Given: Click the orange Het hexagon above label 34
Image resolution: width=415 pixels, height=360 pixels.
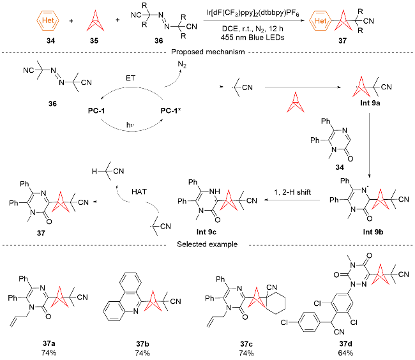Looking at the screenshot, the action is [x=48, y=20].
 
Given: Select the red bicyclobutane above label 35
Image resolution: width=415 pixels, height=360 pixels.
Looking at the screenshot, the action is [x=95, y=21].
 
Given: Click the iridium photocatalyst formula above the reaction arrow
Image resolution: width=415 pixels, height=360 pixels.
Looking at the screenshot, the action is [x=253, y=13].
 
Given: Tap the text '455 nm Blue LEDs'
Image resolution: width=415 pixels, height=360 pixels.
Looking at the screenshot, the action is [x=252, y=37].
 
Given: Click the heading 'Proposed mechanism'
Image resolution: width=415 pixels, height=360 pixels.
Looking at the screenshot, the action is [x=207, y=52].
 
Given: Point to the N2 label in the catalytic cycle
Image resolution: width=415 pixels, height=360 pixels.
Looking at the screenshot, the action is [x=182, y=64].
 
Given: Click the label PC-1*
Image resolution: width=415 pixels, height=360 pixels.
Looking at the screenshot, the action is [x=170, y=110].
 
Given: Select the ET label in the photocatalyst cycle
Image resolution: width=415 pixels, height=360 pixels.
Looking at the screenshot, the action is [x=130, y=78].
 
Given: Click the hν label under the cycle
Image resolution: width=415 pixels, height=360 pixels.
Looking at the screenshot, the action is [x=130, y=124].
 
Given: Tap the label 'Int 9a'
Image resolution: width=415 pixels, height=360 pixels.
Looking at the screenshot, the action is [x=370, y=103].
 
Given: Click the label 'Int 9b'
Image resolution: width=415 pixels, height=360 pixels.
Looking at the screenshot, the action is [x=373, y=232].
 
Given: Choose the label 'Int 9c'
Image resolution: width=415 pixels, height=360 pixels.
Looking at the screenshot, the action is [x=206, y=232].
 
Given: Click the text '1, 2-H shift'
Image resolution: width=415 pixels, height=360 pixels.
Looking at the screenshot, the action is [x=292, y=192].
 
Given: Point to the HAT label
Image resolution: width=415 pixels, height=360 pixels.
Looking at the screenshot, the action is [x=139, y=191].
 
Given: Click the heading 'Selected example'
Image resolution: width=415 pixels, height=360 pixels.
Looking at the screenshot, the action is [x=207, y=244].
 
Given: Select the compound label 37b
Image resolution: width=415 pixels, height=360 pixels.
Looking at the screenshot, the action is [x=142, y=344].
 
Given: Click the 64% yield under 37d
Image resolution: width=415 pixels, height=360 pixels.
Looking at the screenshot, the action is [x=345, y=353].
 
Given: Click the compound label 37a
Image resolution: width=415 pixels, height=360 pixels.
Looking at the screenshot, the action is [x=49, y=343].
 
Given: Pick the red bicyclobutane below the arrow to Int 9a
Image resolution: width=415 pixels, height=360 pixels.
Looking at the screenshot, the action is [x=296, y=102].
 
